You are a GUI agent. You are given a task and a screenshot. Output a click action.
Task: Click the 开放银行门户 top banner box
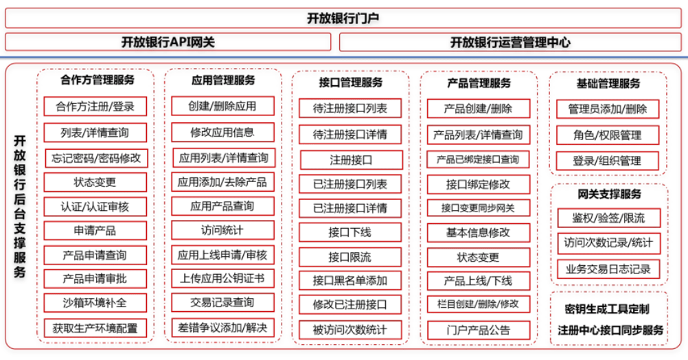343,18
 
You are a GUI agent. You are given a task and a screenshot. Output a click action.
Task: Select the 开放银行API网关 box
168,42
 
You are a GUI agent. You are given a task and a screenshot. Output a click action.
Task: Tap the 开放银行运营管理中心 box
510,42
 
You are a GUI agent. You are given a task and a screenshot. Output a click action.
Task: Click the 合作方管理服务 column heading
98,80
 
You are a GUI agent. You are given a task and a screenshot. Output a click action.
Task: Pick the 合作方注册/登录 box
95,106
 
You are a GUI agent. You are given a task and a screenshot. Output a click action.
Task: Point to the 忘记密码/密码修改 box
96,158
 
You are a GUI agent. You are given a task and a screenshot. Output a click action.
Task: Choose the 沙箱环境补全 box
95,302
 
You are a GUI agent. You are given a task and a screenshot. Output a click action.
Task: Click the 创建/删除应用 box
222,106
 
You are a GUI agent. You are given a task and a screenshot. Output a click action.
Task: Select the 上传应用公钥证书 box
222,278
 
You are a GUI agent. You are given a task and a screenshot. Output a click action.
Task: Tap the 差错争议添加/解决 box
222,328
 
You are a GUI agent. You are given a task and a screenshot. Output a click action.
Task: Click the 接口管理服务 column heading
351,82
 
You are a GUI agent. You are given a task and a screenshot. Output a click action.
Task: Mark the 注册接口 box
351,160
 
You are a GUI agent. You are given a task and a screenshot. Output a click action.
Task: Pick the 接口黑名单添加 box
350,280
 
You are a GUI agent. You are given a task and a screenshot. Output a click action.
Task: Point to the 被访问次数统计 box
350,330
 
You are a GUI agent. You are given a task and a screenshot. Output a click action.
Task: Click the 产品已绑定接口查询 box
478,159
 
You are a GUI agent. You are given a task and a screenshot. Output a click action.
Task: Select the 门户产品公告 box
479,330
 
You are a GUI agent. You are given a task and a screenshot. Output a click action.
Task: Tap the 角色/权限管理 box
608,135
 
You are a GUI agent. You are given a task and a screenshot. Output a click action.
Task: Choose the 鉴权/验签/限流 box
608,218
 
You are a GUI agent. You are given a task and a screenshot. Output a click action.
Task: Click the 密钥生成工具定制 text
607,309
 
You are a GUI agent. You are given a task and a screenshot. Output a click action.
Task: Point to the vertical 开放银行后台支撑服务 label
19,206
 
